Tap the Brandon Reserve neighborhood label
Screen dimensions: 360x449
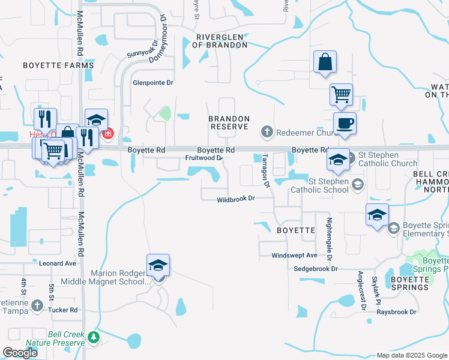click(x=228, y=123)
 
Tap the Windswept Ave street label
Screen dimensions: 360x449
click(x=294, y=256)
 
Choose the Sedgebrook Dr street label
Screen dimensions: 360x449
click(x=316, y=269)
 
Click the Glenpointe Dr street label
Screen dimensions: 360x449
click(x=152, y=83)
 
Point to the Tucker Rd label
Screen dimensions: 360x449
click(x=65, y=310)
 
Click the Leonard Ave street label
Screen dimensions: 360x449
click(x=58, y=263)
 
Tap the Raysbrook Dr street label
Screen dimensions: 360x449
click(x=396, y=312)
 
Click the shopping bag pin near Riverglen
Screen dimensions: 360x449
click(x=325, y=62)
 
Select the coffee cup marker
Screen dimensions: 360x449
click(x=345, y=124)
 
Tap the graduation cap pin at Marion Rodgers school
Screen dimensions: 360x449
click(x=158, y=265)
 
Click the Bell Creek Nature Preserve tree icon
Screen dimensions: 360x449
click(x=93, y=338)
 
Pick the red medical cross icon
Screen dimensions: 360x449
click(x=108, y=134)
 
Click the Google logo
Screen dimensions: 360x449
click(x=20, y=353)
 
